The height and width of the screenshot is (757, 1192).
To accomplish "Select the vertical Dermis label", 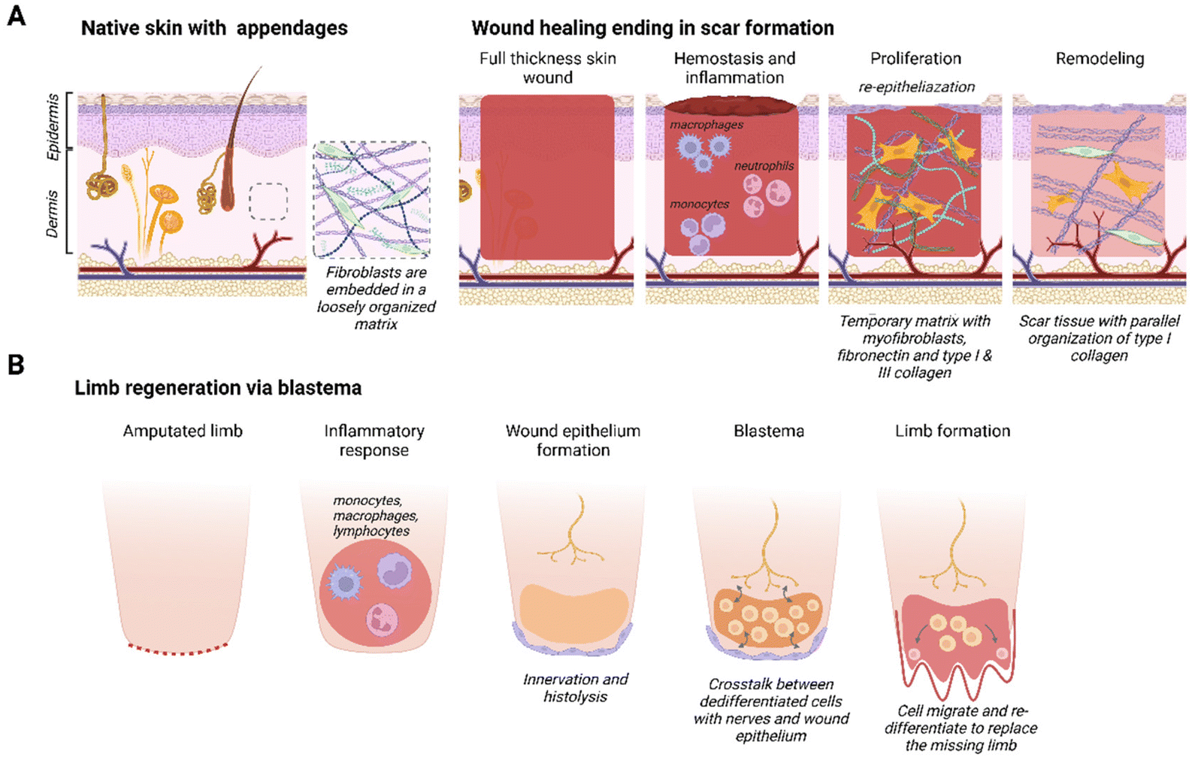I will click(x=53, y=213).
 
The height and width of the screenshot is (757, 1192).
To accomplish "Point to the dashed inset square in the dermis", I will click(x=268, y=201).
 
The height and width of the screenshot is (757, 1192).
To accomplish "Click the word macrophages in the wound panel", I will click(x=706, y=125).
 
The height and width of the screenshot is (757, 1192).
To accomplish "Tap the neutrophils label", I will click(x=764, y=166).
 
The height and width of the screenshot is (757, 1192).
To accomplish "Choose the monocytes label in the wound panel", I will click(x=699, y=204).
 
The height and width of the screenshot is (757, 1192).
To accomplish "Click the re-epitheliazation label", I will click(x=916, y=87).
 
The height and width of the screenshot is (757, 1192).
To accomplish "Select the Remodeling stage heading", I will click(x=1100, y=59).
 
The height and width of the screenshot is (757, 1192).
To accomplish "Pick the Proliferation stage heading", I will click(x=915, y=59).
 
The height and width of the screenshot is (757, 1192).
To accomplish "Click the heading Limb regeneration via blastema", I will click(x=218, y=388).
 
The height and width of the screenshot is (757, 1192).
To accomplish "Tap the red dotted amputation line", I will click(x=178, y=650).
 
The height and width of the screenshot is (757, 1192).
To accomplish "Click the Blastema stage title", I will click(x=769, y=431).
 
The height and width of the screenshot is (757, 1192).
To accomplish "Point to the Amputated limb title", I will click(x=183, y=431).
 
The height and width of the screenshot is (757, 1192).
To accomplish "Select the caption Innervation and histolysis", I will click(x=576, y=688).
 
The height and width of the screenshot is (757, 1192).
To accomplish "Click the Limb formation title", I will click(x=952, y=431).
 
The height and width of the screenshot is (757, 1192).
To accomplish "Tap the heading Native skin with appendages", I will click(x=214, y=29).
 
